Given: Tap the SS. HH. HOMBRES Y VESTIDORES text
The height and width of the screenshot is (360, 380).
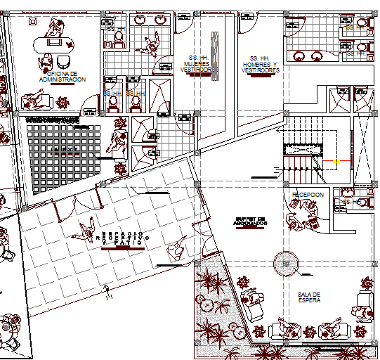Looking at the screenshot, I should click(x=260, y=65).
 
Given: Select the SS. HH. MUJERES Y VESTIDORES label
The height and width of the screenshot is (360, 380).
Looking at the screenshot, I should click(x=197, y=64).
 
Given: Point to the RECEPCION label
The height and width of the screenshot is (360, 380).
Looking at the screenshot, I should click(x=308, y=194).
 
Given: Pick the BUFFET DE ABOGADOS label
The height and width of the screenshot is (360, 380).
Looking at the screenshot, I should click(x=251, y=222).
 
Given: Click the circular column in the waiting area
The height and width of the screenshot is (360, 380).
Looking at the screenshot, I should click(x=286, y=264).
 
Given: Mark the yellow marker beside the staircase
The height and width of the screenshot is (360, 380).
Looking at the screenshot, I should click(x=336, y=162).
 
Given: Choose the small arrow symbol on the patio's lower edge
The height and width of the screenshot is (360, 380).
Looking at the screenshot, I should click(x=106, y=288).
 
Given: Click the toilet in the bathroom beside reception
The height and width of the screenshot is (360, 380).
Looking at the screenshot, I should click(x=361, y=202).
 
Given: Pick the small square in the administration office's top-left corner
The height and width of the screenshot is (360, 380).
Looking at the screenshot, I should click(x=32, y=22).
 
